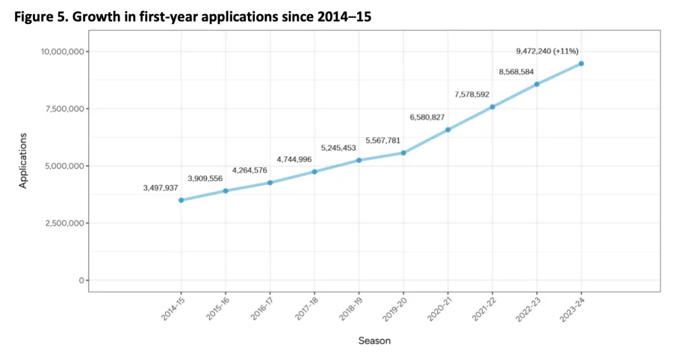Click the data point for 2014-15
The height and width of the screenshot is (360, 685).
click(x=181, y=200)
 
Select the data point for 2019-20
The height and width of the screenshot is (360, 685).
click(x=403, y=153)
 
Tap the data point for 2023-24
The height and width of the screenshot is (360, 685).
click(x=581, y=63)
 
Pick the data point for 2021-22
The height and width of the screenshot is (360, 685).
click(x=492, y=106)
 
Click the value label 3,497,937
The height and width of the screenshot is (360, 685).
click(x=160, y=188)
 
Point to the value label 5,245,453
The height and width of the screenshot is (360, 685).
click(x=338, y=148)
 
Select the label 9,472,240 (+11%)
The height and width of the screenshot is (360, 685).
click(x=547, y=51)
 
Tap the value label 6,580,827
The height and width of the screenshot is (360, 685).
click(x=427, y=117)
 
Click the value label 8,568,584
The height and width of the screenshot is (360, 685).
click(x=516, y=72)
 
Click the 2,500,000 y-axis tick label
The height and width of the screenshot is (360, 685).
click(x=62, y=223)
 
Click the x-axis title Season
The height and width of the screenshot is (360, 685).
click(x=374, y=341)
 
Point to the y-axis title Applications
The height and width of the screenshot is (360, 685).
click(x=23, y=160)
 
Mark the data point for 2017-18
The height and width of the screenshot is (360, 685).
click(x=315, y=171)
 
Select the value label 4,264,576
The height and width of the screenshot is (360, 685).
click(x=249, y=170)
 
